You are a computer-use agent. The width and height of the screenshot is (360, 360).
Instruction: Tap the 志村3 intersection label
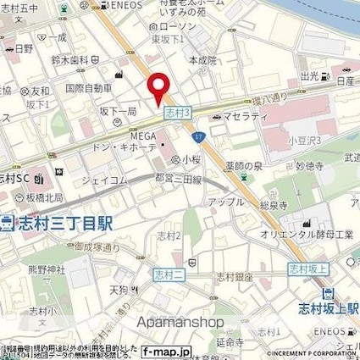coord(177,110)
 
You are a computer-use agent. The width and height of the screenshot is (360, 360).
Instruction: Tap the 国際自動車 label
coord(89,87)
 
